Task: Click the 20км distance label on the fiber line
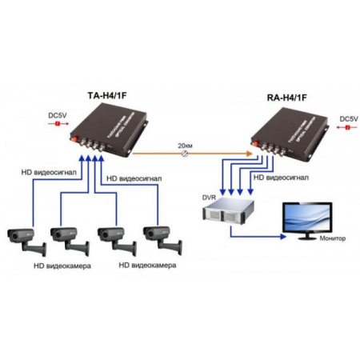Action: click(x=184, y=145)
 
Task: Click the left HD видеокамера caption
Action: click(x=62, y=263)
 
